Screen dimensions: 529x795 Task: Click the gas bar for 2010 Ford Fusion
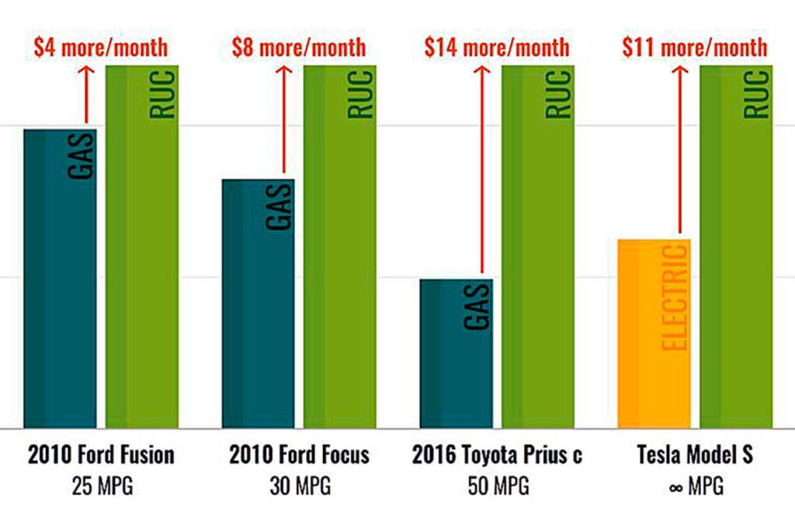(60, 279)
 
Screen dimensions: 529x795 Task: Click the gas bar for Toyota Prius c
(456, 354)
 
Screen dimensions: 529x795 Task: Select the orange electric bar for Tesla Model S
(654, 334)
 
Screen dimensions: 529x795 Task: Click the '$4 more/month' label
(101, 47)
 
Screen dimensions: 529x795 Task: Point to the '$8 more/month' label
(299, 47)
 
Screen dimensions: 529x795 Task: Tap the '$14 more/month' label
(497, 47)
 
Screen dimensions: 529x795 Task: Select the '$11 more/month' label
(695, 47)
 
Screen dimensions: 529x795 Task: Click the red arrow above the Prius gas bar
(482, 171)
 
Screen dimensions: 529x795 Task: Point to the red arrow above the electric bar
(680, 151)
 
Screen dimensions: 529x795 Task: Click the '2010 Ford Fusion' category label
(101, 455)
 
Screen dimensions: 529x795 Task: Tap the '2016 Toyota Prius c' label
(497, 455)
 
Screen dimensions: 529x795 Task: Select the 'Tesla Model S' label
(695, 455)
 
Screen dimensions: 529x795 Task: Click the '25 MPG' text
(101, 487)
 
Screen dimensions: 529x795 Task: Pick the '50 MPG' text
(498, 487)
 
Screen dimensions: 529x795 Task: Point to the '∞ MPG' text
(695, 487)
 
